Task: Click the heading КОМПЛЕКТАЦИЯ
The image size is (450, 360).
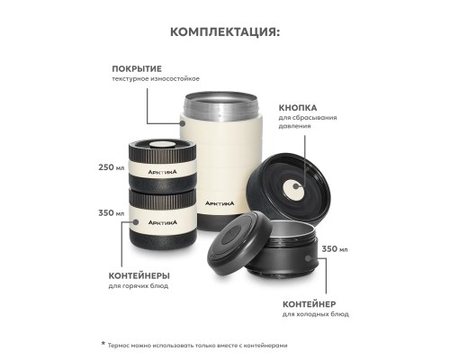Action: point(224,31)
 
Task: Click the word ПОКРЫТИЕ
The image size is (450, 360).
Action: point(137,68)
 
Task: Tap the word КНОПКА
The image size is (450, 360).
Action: point(299,107)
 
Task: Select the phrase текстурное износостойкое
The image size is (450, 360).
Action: point(155,79)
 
